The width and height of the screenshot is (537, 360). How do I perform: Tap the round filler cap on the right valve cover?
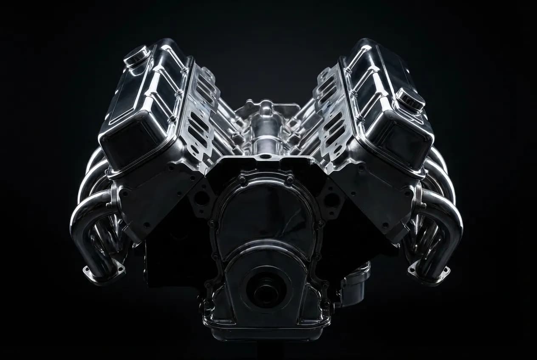[x=410, y=99]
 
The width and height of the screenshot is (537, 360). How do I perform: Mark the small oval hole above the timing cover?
[x=266, y=156]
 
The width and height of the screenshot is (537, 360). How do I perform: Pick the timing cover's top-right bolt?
[x=290, y=179]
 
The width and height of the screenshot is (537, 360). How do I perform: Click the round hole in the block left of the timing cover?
[x=201, y=198]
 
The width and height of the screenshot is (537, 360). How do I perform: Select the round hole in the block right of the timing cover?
[x=331, y=199]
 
